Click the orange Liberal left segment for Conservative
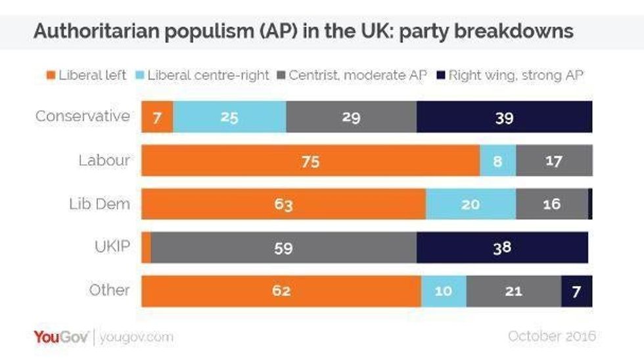pyautogui.click(x=158, y=118)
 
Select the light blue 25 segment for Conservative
pyautogui.click(x=229, y=118)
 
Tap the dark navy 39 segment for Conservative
pyautogui.click(x=504, y=118)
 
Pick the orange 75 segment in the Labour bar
pyautogui.click(x=310, y=161)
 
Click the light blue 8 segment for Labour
pyautogui.click(x=497, y=161)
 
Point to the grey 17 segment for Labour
pyautogui.click(x=554, y=161)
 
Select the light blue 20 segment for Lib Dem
pyautogui.click(x=471, y=204)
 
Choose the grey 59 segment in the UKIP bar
pyautogui.click(x=284, y=247)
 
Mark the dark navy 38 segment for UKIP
pyautogui.click(x=502, y=247)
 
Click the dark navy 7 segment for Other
pyautogui.click(x=576, y=290)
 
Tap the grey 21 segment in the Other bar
pyautogui.click(x=513, y=290)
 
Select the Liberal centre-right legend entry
pyautogui.click(x=204, y=76)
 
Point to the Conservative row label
pyautogui.click(x=83, y=117)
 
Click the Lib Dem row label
pyautogui.click(x=99, y=204)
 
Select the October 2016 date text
pyautogui.click(x=552, y=336)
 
